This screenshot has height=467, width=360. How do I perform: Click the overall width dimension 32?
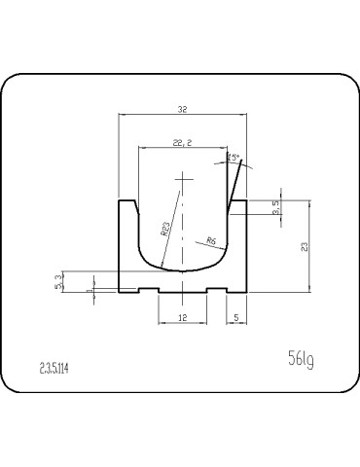point(182,109)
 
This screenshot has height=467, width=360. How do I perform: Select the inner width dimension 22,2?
point(183,142)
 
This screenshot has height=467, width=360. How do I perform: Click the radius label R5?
point(211,240)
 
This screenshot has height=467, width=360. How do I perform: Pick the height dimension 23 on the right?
point(305,247)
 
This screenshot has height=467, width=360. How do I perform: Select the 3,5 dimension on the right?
point(276,206)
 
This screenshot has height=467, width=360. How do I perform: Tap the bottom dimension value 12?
point(182,317)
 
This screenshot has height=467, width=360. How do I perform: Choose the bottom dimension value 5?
point(236,317)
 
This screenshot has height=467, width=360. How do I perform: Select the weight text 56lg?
point(301,361)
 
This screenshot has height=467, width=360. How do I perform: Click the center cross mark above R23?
point(183,180)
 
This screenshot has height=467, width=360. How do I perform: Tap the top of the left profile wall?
point(127,200)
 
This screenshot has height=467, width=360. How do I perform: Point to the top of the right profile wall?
point(237,200)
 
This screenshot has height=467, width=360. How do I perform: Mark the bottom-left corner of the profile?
point(120,292)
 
